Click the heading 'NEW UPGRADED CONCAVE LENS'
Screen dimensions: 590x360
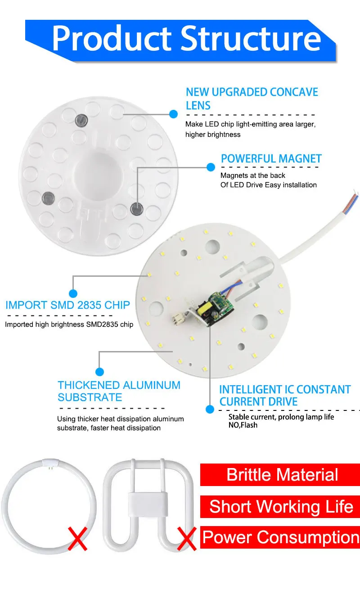point(252,99)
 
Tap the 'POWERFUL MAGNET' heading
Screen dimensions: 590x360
point(271,159)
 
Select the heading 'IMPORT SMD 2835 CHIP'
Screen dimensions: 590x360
point(67,305)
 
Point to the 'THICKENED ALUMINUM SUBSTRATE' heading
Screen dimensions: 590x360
point(119,391)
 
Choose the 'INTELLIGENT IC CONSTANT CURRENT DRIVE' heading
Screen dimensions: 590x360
point(284,396)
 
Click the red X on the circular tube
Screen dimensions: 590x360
point(77,539)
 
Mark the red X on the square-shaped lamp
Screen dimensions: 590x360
point(186,539)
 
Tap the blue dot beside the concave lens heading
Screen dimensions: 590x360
point(173,114)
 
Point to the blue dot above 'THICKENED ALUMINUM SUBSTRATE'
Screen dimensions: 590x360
point(100,372)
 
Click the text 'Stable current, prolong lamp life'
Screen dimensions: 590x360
point(281,417)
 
